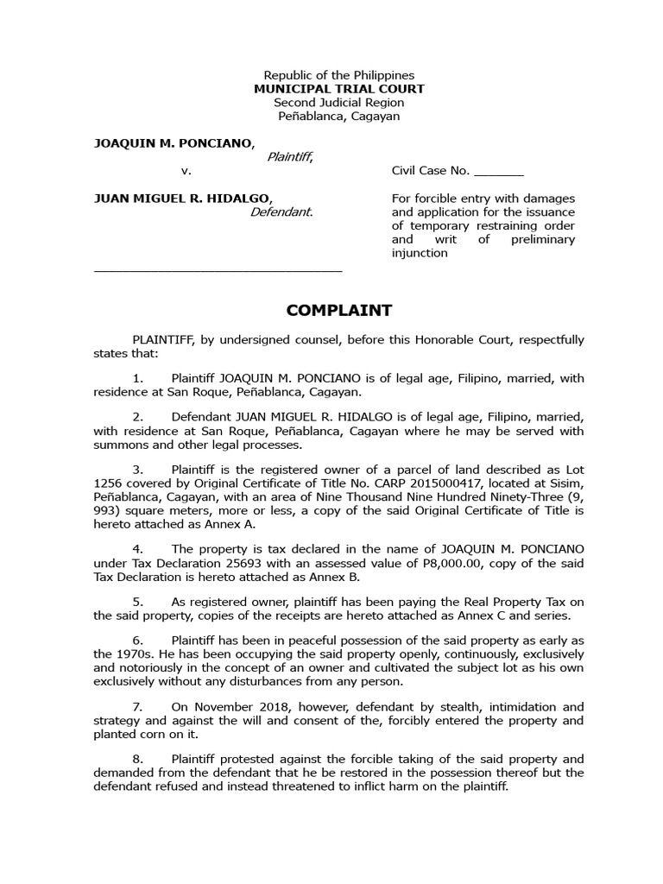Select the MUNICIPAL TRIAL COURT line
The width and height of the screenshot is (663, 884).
pos(338,89)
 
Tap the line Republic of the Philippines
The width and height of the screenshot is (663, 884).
pos(338,75)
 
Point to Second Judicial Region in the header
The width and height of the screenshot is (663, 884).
pos(338,103)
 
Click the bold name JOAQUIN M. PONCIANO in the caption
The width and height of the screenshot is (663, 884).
pos(173,142)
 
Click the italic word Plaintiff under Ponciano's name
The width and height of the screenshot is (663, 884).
pos(289,156)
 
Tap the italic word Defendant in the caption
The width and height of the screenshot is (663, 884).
pos(281,212)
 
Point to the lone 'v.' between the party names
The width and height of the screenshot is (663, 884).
pos(186,171)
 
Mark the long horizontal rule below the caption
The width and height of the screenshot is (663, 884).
pos(218,270)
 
